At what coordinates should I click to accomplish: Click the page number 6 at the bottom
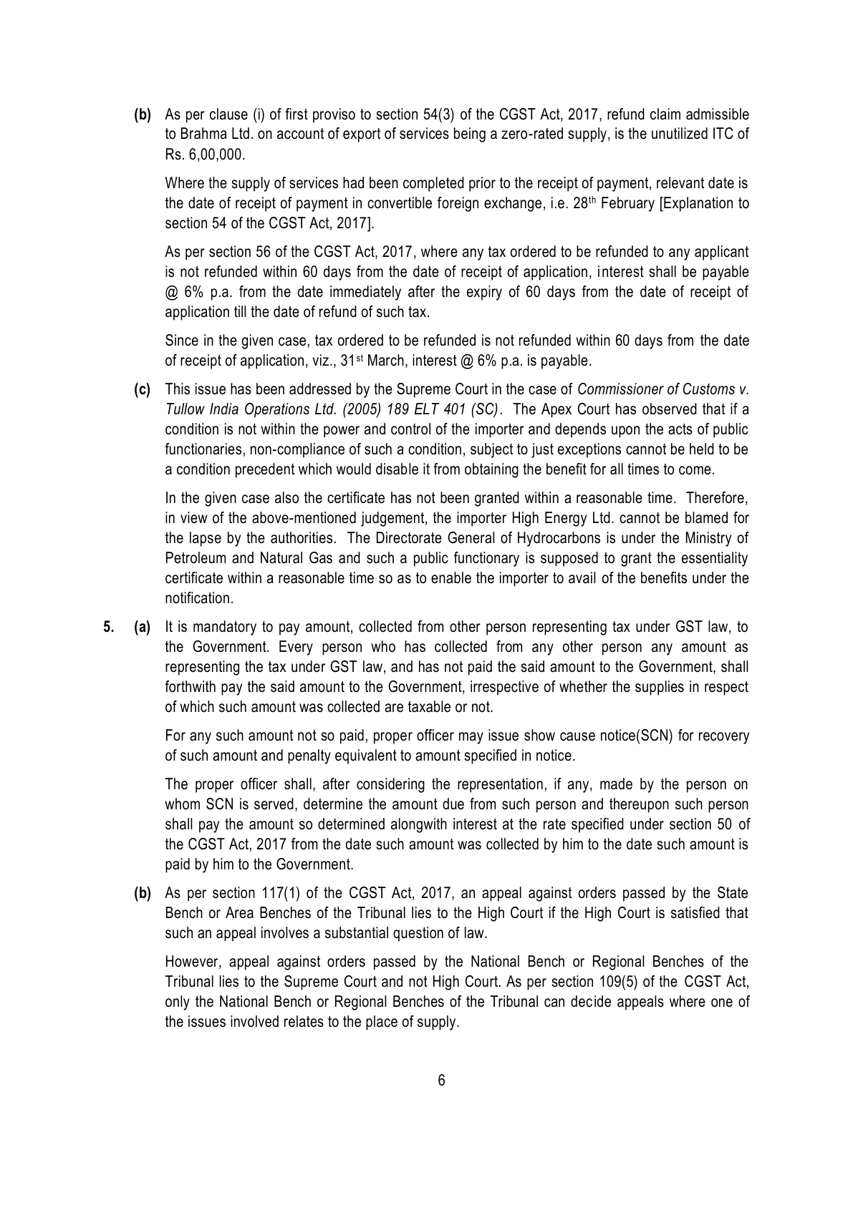click(x=441, y=1080)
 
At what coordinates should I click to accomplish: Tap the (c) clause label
click(x=143, y=390)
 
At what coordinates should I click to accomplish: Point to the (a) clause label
click(x=143, y=628)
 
